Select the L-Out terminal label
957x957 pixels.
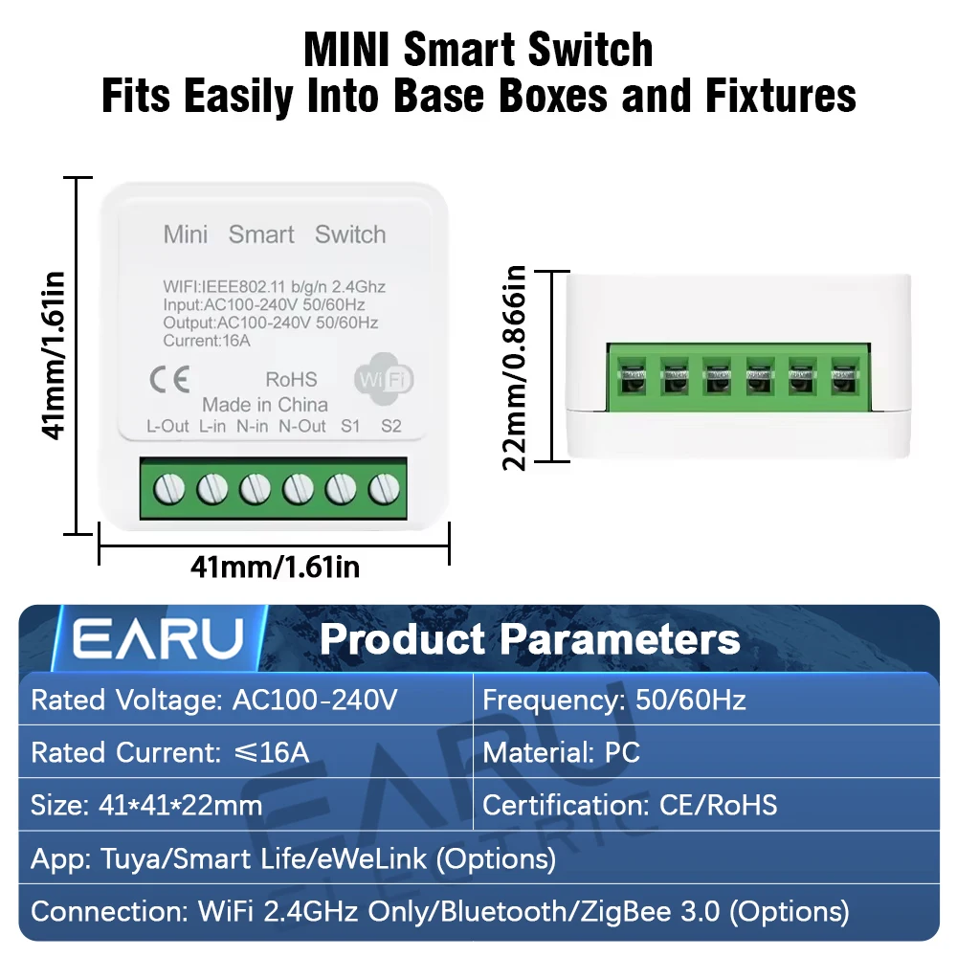[167, 427]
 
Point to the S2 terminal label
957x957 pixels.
[391, 427]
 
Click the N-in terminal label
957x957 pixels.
[252, 427]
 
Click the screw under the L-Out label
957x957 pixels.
[168, 489]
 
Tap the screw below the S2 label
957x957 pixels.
[383, 489]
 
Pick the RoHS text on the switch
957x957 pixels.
[291, 380]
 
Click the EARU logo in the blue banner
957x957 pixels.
[158, 640]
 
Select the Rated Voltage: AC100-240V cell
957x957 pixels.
[213, 701]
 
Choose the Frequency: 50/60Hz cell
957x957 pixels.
[613, 701]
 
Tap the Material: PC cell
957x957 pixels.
[561, 752]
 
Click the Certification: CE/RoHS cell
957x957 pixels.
[630, 805]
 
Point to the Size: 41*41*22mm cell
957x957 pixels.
[146, 805]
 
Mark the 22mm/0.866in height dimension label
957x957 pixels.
[517, 367]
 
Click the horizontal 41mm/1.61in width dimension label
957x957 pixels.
[276, 568]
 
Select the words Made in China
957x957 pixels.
[265, 405]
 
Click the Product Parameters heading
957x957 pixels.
[529, 640]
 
